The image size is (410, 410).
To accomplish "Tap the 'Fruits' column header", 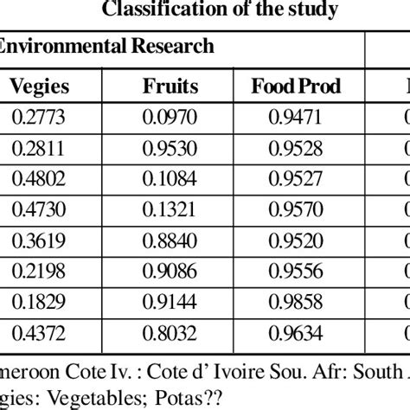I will (x=170, y=86).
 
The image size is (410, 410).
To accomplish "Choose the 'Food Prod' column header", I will (x=297, y=86).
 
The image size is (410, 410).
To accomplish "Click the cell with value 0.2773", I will (x=39, y=116).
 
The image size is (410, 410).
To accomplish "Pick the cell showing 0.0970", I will (x=170, y=116).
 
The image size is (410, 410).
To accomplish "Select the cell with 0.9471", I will (x=297, y=116).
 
